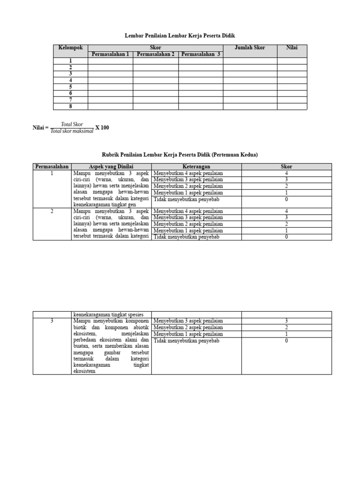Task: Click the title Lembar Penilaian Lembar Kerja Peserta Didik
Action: pyautogui.click(x=180, y=36)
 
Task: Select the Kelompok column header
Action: pyautogui.click(x=71, y=48)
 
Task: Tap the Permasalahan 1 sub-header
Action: pyautogui.click(x=110, y=54)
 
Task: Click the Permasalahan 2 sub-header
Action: pyautogui.click(x=155, y=54)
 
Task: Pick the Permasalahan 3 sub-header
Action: pyautogui.click(x=201, y=54)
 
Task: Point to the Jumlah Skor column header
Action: pyautogui.click(x=249, y=48)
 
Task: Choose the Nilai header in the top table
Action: pyautogui.click(x=292, y=48)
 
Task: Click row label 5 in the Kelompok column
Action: pyautogui.click(x=71, y=87)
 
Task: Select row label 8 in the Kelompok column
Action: pyautogui.click(x=71, y=106)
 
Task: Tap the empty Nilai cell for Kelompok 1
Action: pyautogui.click(x=292, y=61)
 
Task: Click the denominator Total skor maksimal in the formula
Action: pyautogui.click(x=72, y=131)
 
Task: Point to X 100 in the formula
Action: pyautogui.click(x=102, y=127)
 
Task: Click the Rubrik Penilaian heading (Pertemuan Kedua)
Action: pyautogui.click(x=180, y=155)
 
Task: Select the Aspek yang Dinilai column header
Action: pyautogui.click(x=112, y=166)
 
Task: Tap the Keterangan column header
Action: pyautogui.click(x=196, y=166)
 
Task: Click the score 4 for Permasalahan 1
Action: pyautogui.click(x=286, y=173)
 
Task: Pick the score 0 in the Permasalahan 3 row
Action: pyautogui.click(x=286, y=341)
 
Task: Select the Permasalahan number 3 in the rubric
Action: pyautogui.click(x=52, y=321)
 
